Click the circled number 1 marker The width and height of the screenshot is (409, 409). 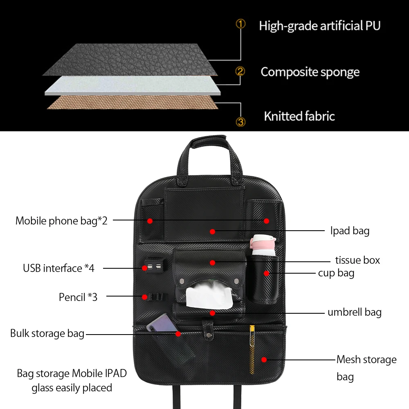(x=241, y=24)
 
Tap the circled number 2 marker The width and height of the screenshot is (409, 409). (x=241, y=72)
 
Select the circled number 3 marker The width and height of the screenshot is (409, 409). (x=241, y=121)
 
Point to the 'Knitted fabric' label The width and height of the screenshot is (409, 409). (x=299, y=116)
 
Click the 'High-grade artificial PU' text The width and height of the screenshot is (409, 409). (x=319, y=26)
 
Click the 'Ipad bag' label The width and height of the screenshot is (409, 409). (x=350, y=231)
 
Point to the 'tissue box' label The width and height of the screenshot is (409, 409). (x=357, y=260)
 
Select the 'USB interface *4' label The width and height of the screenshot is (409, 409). (x=58, y=268)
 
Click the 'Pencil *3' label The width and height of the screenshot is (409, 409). (x=78, y=297)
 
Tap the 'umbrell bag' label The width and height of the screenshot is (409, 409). (x=354, y=312)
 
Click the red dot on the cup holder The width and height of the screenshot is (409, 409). (x=266, y=273)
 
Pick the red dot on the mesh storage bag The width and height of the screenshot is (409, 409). (x=264, y=360)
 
